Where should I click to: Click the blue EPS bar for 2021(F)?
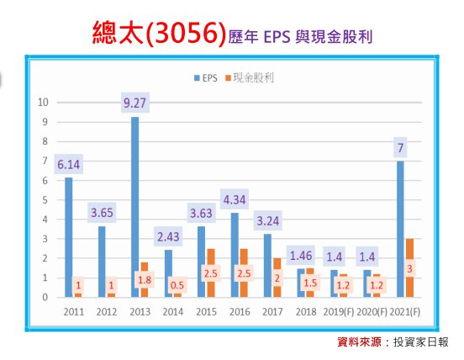tap(400, 228)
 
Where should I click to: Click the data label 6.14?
tap(70, 165)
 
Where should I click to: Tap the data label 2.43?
tap(169, 237)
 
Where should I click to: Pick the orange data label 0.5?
tap(177, 284)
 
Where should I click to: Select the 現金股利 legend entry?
tap(254, 77)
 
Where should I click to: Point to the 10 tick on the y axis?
tap(43, 102)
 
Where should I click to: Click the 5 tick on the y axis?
tap(45, 199)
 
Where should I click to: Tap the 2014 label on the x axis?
tap(172, 310)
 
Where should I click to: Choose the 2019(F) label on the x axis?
tap(338, 310)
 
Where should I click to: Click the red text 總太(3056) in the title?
tap(159, 34)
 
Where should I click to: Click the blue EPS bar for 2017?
tap(267, 265)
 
